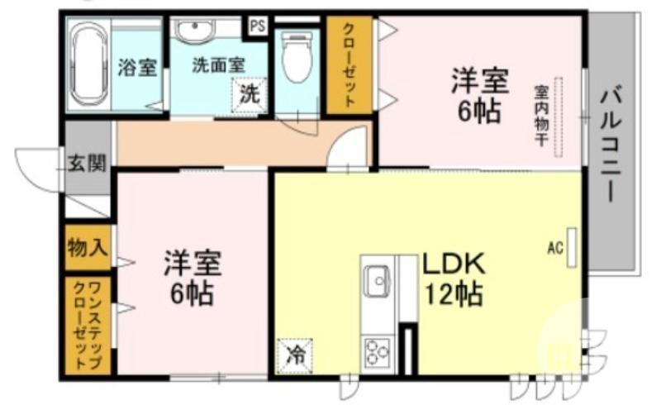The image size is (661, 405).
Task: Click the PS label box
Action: click(x=258, y=25)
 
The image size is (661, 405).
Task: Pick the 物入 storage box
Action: click(x=87, y=245)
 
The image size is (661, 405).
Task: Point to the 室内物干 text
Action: click(x=541, y=115)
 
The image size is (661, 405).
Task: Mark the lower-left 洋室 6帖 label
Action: click(x=189, y=277)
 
